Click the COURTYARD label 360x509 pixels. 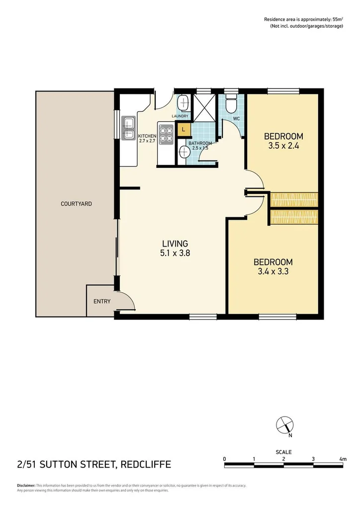(76, 204)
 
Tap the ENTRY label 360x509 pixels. (102, 301)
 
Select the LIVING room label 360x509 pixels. (175, 244)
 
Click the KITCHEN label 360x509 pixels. (147, 136)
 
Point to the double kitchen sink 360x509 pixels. (129, 128)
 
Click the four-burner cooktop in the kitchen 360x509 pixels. (166, 134)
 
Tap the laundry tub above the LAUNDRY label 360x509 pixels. (182, 103)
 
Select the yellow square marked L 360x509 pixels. (184, 129)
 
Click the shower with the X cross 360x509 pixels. (204, 104)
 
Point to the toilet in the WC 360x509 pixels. (231, 105)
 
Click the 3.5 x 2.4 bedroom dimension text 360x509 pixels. (283, 146)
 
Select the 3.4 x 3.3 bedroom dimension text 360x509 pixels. (273, 272)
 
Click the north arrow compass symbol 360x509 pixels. (284, 425)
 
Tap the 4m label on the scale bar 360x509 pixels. (342, 458)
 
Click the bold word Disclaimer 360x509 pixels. (26, 485)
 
